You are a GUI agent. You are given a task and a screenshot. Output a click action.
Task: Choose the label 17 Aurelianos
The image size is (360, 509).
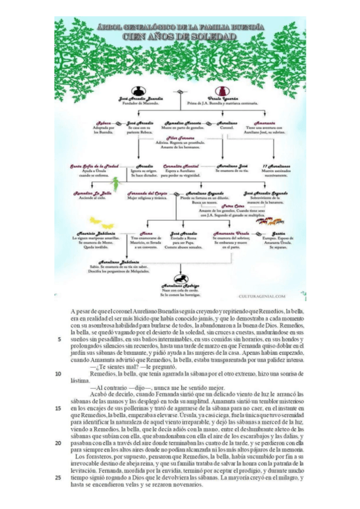pos(274,165)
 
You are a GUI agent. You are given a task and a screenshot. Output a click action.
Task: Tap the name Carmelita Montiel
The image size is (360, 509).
pos(179,165)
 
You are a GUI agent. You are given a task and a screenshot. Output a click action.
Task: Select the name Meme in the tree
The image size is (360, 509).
pos(146,233)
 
